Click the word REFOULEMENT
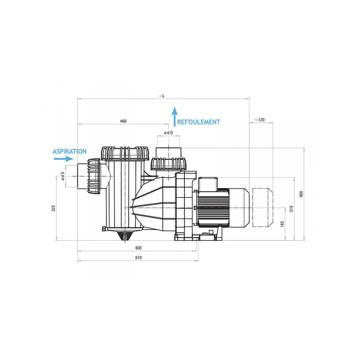[198, 122]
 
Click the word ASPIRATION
[70, 152]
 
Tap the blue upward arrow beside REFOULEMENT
[175, 117]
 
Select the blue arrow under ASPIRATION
[63, 159]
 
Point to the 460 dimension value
[123, 121]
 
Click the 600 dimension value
[139, 248]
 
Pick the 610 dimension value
[139, 258]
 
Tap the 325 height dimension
[54, 208]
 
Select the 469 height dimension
[301, 194]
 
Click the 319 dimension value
[291, 209]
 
